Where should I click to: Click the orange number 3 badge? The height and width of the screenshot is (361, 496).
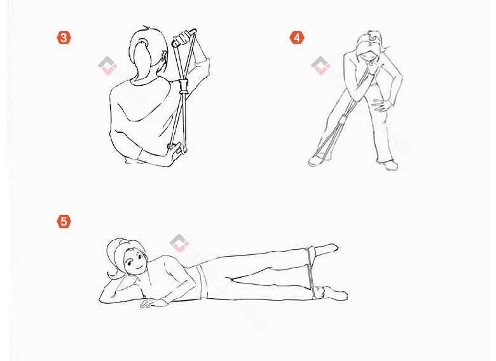click(x=64, y=37)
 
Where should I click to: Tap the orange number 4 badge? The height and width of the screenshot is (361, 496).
click(x=297, y=37)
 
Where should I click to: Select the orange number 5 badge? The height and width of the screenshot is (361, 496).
click(x=64, y=221)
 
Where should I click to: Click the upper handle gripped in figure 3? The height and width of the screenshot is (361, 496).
click(x=184, y=37)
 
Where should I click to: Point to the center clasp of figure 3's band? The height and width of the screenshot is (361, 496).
click(x=184, y=86)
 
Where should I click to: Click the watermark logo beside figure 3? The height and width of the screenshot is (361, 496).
click(x=107, y=65)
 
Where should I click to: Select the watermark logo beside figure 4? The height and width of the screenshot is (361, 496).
click(x=320, y=65)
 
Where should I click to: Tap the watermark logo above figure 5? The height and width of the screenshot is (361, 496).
click(x=179, y=243)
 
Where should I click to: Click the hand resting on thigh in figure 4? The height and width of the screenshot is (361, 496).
click(x=382, y=106)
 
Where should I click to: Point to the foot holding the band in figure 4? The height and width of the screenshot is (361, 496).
click(x=319, y=159)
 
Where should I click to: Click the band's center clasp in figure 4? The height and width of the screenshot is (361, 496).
click(x=343, y=120)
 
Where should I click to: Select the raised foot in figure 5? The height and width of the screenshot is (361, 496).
click(x=326, y=249)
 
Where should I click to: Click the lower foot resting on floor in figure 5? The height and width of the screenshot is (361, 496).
click(x=334, y=293)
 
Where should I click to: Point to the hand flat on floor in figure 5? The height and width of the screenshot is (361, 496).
click(x=153, y=303)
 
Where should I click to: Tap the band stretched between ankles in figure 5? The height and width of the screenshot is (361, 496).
click(x=310, y=272)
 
